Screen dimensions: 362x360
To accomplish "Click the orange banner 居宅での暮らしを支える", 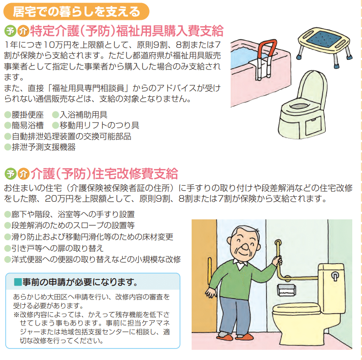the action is click(x=76, y=11).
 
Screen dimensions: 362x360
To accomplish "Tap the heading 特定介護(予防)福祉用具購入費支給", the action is click(x=127, y=31).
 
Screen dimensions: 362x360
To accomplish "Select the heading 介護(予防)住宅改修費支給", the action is click(x=104, y=173).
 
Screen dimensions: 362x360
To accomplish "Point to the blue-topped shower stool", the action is click(x=324, y=46).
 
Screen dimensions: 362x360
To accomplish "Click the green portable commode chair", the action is click(x=303, y=105).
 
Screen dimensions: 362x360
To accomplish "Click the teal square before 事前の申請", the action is click(x=18, y=282).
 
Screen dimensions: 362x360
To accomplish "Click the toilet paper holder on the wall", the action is click(x=286, y=290).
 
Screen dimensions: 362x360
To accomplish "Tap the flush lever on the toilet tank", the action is click(x=335, y=276).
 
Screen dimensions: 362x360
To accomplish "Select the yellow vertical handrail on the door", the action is click(x=210, y=272).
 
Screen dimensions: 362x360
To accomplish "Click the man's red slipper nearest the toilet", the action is click(x=244, y=337).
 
